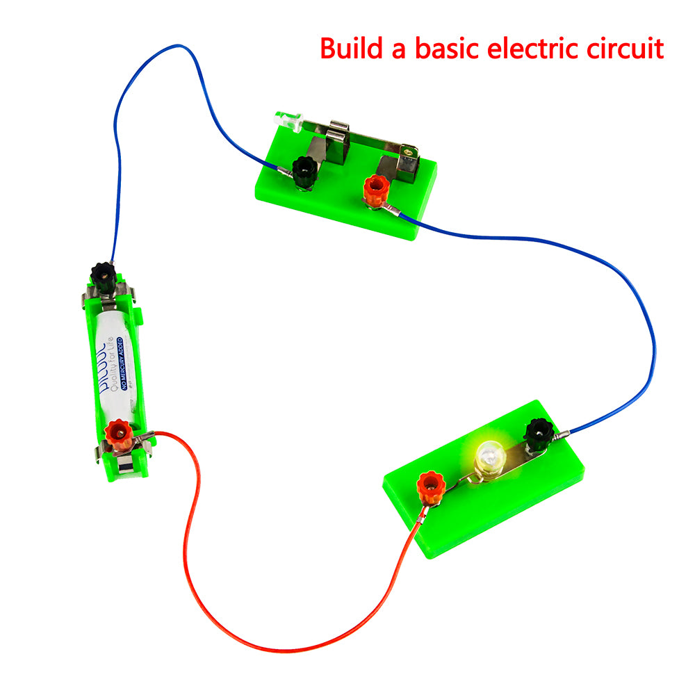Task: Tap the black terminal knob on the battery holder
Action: coord(104,277)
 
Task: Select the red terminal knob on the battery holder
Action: coord(118,434)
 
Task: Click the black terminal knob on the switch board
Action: coord(303,170)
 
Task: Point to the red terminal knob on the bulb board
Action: coord(431,486)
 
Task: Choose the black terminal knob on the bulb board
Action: coord(537,432)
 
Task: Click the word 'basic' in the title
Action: coord(438,49)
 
